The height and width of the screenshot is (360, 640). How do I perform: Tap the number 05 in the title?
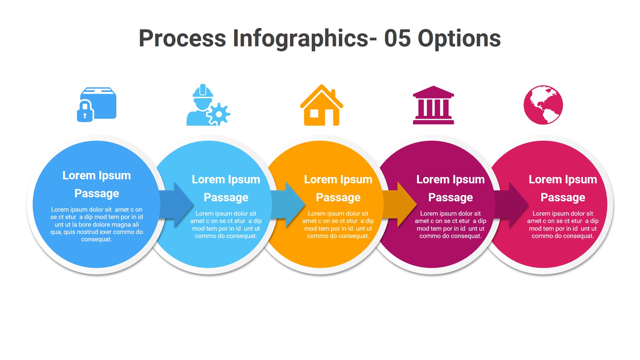[397, 38]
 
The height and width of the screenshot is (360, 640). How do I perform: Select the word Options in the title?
[459, 39]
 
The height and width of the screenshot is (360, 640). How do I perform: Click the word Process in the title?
[182, 38]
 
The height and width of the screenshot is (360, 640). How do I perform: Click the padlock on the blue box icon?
[85, 112]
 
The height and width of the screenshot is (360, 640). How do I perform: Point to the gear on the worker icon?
[219, 114]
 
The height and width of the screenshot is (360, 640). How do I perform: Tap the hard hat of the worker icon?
[203, 91]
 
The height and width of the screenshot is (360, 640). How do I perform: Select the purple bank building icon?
[433, 105]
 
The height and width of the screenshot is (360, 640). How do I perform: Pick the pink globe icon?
[543, 105]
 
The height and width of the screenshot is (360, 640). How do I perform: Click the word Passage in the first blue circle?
[97, 194]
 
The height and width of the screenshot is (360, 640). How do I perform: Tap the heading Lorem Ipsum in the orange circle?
[338, 180]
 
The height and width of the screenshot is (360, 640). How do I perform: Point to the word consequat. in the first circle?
[97, 239]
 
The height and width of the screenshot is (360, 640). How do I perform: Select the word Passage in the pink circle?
[563, 198]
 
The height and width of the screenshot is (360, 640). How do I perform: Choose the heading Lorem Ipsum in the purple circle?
[450, 180]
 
